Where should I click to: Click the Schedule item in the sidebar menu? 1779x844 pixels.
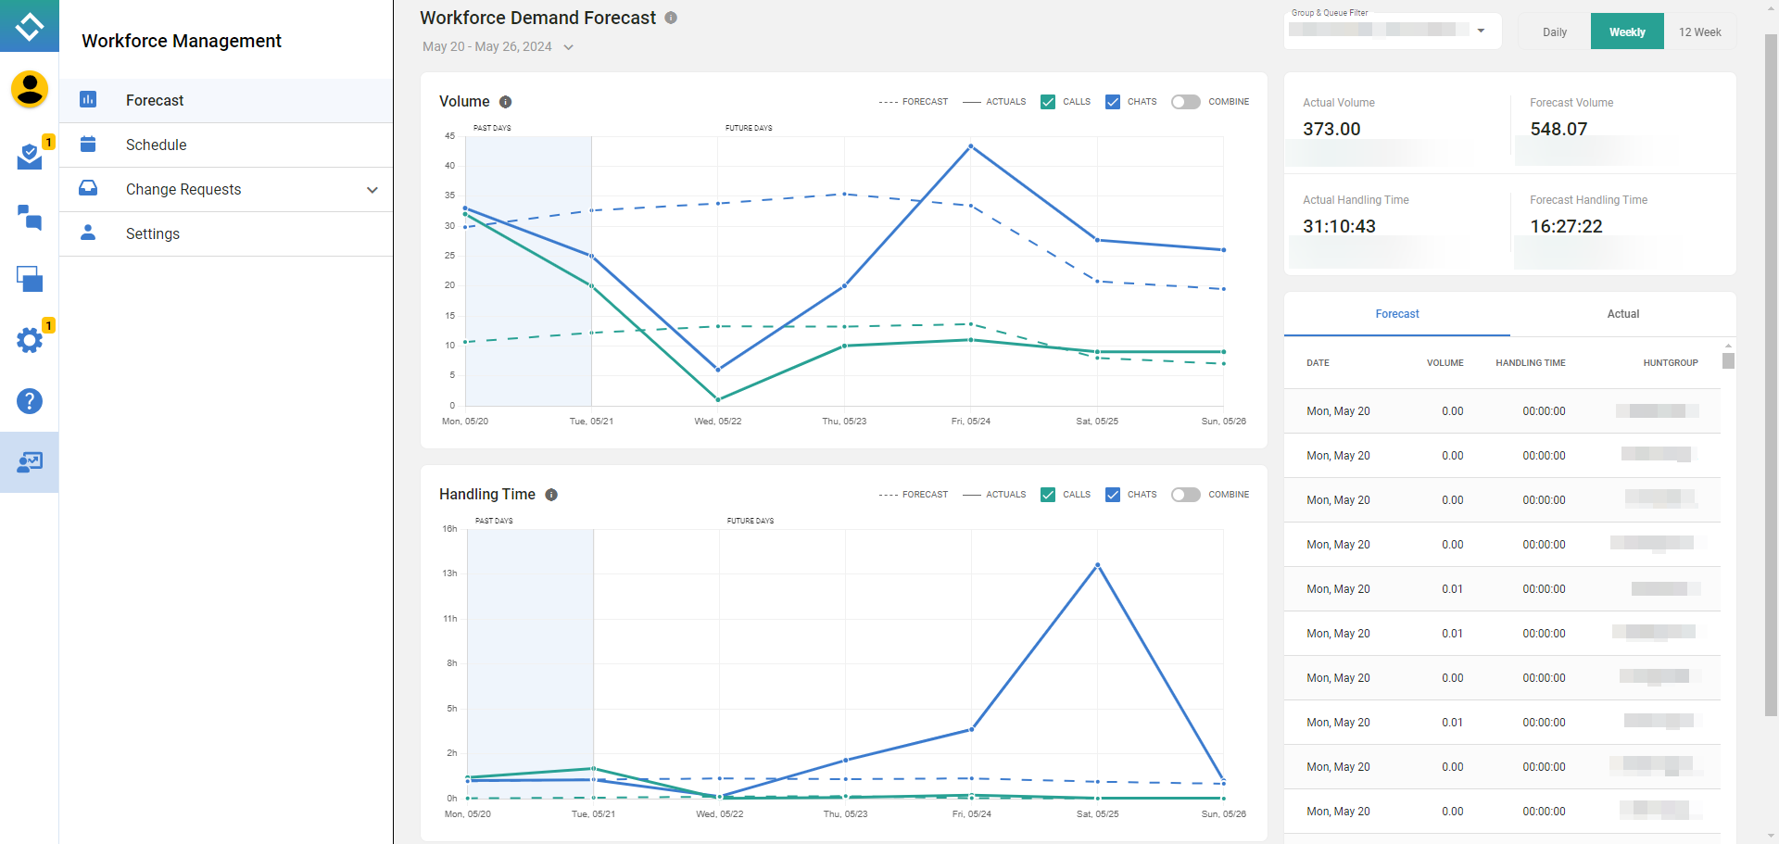tap(156, 145)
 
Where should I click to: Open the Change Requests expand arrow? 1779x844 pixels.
tap(372, 190)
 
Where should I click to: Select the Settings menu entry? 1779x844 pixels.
tap(153, 234)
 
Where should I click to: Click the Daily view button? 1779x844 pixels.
tap(1554, 31)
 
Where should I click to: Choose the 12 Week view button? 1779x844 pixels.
tap(1699, 31)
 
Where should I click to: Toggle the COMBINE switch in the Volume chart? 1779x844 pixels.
tap(1185, 102)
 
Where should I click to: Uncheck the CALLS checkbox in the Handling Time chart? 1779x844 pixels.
tap(1048, 495)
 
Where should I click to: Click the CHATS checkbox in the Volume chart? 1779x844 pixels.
tap(1113, 102)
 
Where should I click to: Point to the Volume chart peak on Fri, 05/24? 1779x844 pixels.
tap(970, 146)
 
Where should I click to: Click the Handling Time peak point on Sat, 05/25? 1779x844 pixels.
tap(1097, 565)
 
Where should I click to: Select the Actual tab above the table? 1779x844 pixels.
tap(1622, 314)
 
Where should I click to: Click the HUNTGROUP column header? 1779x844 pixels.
tap(1670, 363)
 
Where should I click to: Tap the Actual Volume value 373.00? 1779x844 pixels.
tap(1331, 130)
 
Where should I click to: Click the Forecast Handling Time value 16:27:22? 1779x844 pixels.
tap(1566, 227)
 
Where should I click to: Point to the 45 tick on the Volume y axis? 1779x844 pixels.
tap(450, 136)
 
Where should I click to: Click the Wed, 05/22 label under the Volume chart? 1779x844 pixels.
tap(717, 422)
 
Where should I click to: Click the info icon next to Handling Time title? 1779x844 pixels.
tap(551, 495)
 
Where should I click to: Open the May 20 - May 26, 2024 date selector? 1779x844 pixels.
tap(498, 47)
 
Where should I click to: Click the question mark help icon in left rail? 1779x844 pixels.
tap(30, 401)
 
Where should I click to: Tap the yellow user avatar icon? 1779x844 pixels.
tap(30, 89)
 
